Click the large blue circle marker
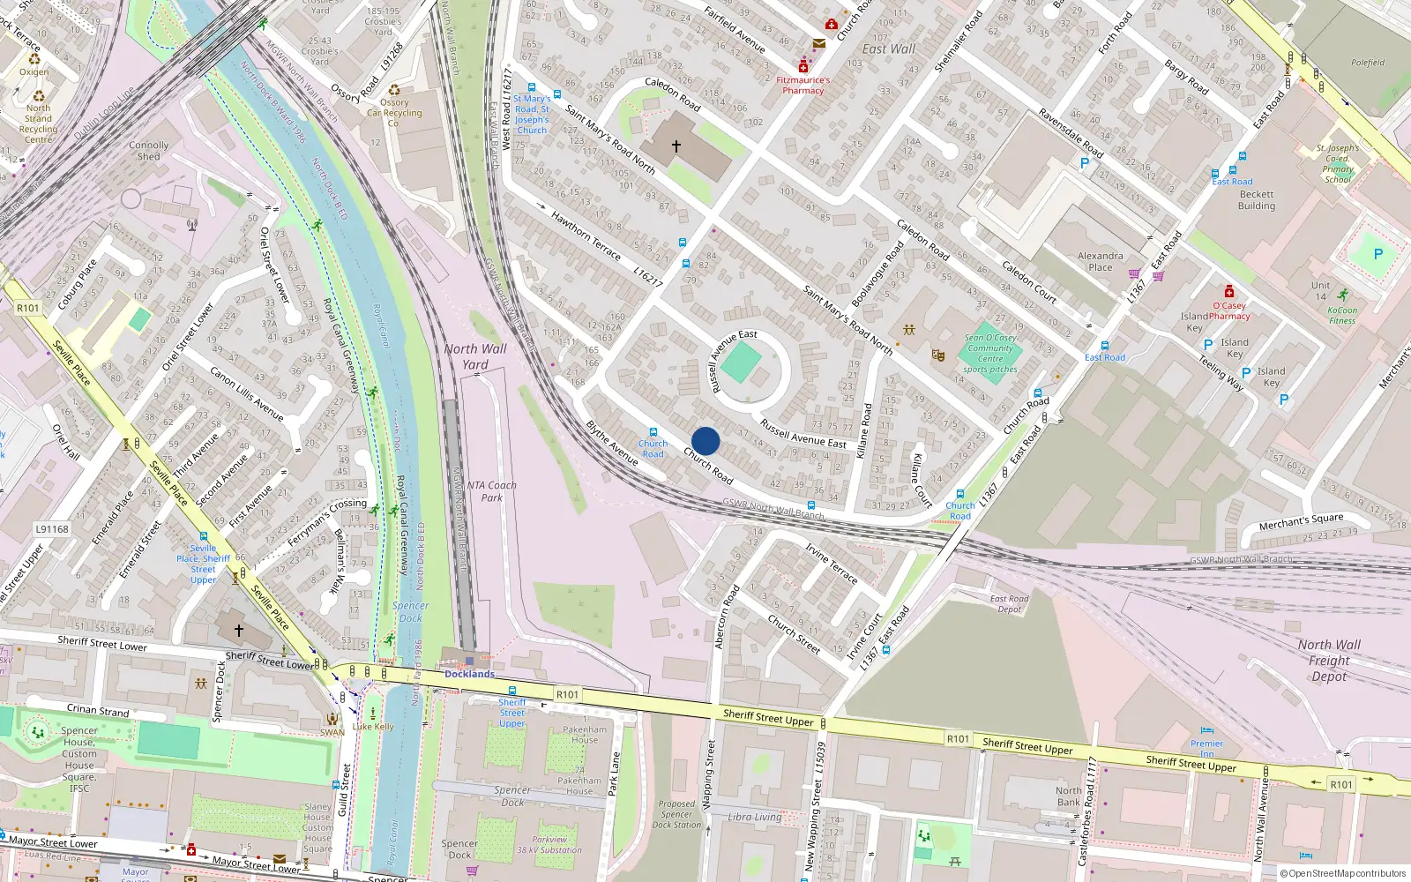coord(705,441)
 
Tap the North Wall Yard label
coord(475,356)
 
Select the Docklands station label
coord(469,674)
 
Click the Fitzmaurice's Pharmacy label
coord(803,85)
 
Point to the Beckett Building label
coord(1257,200)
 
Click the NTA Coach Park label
coord(492,491)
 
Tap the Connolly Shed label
coord(148,151)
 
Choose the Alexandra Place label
coord(1101,261)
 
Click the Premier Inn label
coord(1206,749)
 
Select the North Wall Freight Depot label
coord(1329,661)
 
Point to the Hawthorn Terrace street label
coord(586,236)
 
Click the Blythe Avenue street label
coord(612,443)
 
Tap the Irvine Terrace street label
coord(831,564)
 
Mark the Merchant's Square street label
coord(1301,522)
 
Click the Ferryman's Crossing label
coord(327,521)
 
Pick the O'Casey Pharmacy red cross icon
coord(1228,292)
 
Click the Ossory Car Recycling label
coord(394,113)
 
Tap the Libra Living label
coord(755,817)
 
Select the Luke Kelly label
coord(373,727)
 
